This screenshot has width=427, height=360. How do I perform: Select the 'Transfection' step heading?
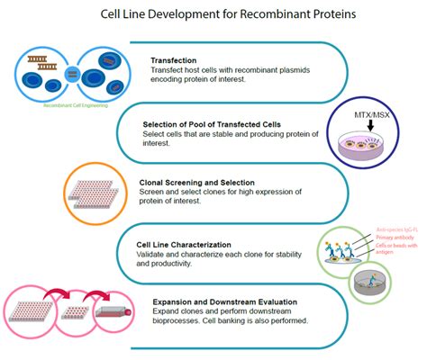click(x=181, y=61)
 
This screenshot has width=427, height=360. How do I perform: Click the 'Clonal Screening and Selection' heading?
click(x=208, y=183)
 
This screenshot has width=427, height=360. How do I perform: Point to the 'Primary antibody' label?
click(x=395, y=238)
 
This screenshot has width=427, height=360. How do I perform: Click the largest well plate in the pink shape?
click(x=37, y=307)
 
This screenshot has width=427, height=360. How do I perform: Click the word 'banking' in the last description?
click(x=257, y=321)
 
